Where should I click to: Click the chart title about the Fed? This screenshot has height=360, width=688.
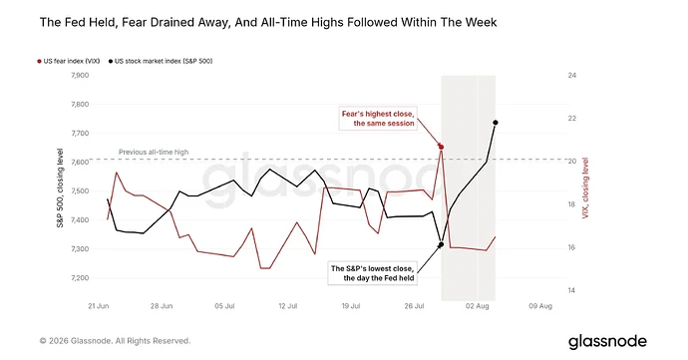coord(268,22)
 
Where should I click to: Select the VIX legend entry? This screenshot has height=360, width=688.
coord(69,61)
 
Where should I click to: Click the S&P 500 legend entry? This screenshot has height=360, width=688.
coord(161,61)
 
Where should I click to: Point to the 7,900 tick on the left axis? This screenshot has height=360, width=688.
coord(80,75)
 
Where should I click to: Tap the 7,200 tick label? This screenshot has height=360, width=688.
coord(80,278)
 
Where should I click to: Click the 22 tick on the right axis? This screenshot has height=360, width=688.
coord(571,119)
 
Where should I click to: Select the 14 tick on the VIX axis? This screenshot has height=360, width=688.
coord(571,290)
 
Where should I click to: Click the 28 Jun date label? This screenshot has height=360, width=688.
coord(162,306)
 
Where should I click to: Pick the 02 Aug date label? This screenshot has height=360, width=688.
coord(478,306)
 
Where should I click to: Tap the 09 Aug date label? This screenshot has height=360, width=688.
coord(540,306)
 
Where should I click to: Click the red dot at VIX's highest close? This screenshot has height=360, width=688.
coord(442,147)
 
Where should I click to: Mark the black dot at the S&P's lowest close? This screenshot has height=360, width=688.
coord(442,244)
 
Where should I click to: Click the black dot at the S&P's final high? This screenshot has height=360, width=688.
coord(496,123)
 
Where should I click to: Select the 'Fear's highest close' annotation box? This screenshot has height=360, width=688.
coord(378,119)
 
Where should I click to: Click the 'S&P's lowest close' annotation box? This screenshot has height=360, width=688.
coord(373,273)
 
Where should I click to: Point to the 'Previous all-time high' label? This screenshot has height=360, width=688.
coord(154,152)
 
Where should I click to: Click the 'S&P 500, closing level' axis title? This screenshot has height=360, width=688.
coord(60,187)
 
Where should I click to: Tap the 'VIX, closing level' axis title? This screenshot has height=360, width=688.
coord(585,187)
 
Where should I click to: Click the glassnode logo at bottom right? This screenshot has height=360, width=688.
coord(607,342)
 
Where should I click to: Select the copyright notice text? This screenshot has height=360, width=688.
coord(115,341)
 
